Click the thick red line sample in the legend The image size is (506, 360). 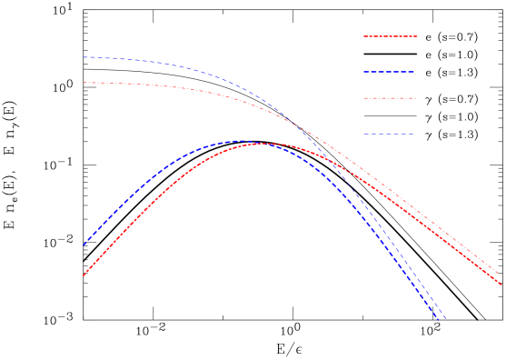click(x=391, y=36)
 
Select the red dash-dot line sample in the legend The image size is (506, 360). click(x=390, y=98)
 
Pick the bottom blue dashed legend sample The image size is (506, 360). click(x=389, y=134)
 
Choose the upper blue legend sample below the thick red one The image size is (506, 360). click(x=389, y=71)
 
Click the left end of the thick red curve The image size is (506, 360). click(x=83, y=275)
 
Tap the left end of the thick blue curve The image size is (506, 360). click(x=83, y=245)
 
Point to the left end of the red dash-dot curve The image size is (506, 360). click(x=84, y=83)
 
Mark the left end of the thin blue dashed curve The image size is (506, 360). click(x=84, y=57)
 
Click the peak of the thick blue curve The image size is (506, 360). click(x=241, y=141)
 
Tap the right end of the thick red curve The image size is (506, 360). click(x=501, y=284)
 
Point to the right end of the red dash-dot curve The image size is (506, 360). click(x=501, y=274)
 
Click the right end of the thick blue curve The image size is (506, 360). click(x=439, y=319)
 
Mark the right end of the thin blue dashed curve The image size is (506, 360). click(x=446, y=319)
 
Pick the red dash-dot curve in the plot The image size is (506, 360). click(x=182, y=88)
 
